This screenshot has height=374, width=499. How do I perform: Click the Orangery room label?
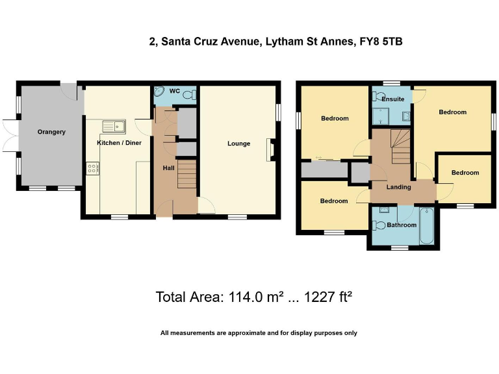click(x=51, y=132)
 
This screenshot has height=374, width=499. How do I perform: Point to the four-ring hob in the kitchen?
click(x=92, y=168)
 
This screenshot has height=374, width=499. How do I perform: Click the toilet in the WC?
click(x=188, y=95)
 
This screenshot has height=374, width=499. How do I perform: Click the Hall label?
click(x=168, y=168)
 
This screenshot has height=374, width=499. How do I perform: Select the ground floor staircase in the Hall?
click(x=186, y=175)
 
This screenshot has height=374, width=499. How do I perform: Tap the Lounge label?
click(x=238, y=143)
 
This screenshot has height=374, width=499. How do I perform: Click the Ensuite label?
click(x=393, y=99)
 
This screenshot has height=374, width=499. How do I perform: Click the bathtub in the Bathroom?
click(x=427, y=226)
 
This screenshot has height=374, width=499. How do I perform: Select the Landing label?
click(x=398, y=187)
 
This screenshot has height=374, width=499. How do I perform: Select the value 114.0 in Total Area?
click(x=244, y=297)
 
